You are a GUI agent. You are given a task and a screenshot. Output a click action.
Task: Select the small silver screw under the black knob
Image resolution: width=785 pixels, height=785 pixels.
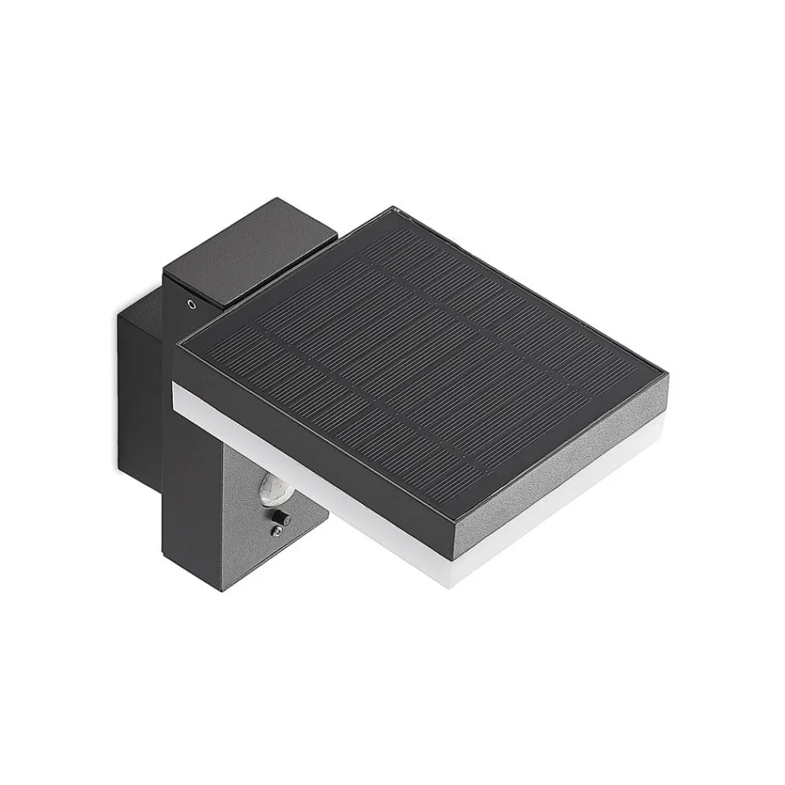(x=276, y=531)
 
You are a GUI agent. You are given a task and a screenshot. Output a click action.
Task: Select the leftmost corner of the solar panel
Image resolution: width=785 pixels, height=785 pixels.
(x=174, y=343)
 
